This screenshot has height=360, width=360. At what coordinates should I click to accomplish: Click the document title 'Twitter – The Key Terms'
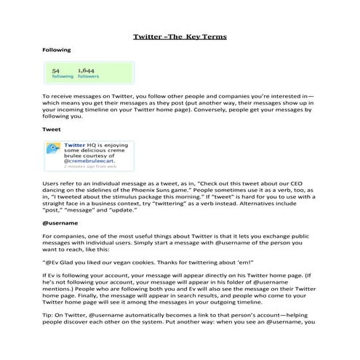coord(180,36)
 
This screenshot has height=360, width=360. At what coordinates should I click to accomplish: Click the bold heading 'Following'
coord(56,50)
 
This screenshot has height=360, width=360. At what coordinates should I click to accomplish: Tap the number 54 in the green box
coord(56,71)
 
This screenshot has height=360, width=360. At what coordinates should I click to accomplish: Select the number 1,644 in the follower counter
coord(87,71)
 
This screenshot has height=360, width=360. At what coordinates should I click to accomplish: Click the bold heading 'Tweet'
coord(51,129)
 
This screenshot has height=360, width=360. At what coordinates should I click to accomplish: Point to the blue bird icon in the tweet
coord(54,149)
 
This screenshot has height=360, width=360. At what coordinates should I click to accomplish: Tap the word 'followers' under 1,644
coord(87,76)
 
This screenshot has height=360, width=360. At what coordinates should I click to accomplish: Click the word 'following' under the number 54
coord(62,76)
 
